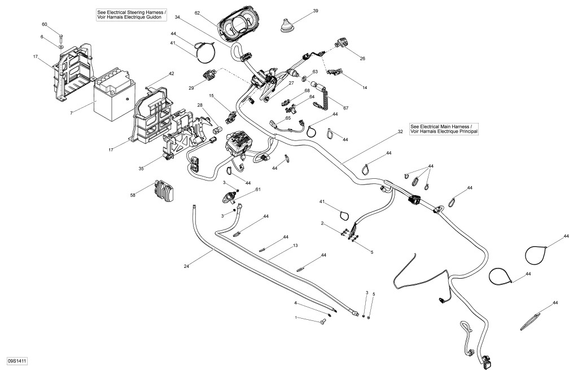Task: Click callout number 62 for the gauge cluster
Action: point(198,12)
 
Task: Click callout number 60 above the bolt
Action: point(45,24)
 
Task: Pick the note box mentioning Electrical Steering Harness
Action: point(131,15)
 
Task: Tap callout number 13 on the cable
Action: point(295,246)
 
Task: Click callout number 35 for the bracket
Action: point(142,168)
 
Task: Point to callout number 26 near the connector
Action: point(363,58)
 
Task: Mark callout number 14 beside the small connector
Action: point(365,88)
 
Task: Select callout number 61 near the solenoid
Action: point(259,190)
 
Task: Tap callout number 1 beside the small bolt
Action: point(295,318)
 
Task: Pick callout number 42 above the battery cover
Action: point(172,74)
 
